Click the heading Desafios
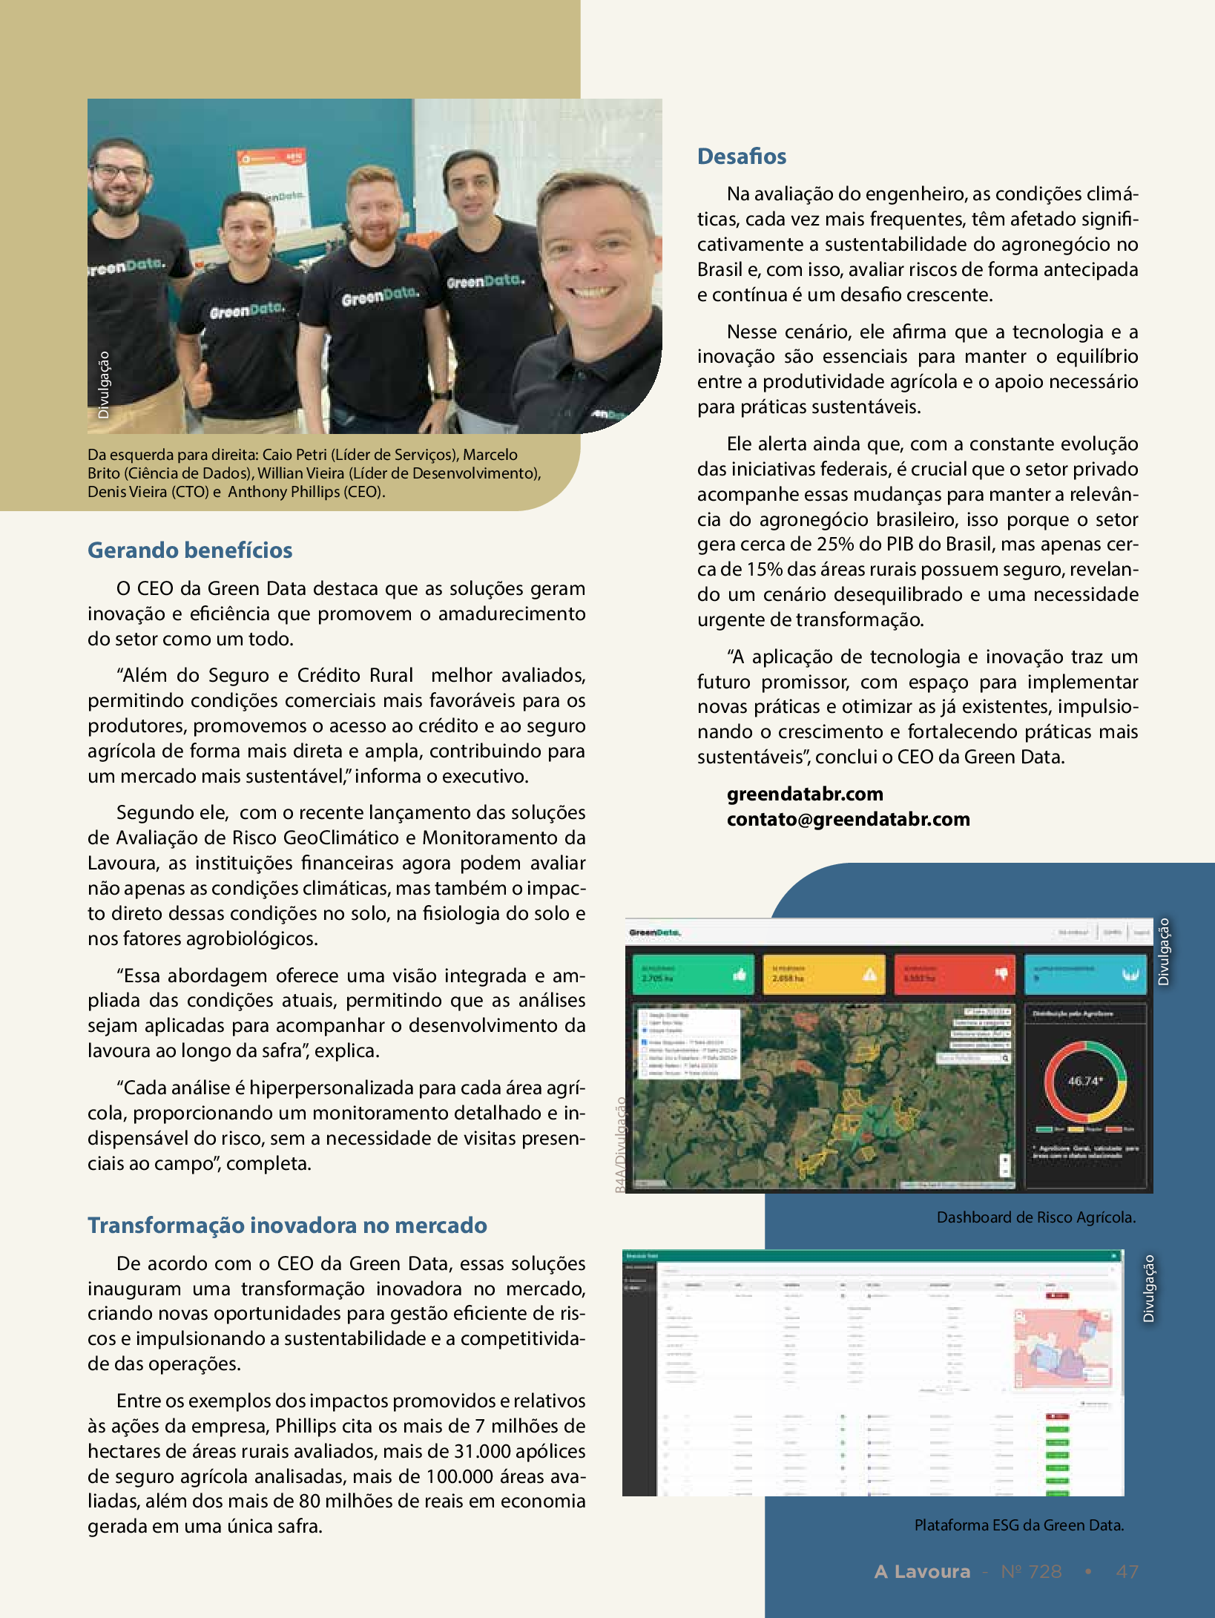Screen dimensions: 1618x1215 click(x=741, y=157)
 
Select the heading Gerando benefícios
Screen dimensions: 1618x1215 click(x=190, y=550)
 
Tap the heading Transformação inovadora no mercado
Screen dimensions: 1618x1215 click(x=287, y=1225)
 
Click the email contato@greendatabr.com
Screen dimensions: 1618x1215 click(x=848, y=819)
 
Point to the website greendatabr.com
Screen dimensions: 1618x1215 click(x=805, y=794)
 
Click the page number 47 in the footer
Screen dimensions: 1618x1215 click(x=1127, y=1571)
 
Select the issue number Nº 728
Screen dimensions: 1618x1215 click(x=1031, y=1571)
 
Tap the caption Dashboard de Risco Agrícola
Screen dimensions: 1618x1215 click(x=1035, y=1217)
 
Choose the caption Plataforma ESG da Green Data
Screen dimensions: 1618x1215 click(x=1019, y=1525)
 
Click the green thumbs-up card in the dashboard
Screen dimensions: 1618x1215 click(x=692, y=974)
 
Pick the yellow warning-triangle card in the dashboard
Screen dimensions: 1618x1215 click(x=823, y=974)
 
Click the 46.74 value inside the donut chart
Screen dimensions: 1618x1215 click(x=1084, y=1081)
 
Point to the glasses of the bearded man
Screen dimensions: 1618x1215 click(x=120, y=172)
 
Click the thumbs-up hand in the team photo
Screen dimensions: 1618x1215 click(x=198, y=384)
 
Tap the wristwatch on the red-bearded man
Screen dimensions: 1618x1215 click(x=443, y=395)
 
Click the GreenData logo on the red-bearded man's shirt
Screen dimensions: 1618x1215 click(x=380, y=296)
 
